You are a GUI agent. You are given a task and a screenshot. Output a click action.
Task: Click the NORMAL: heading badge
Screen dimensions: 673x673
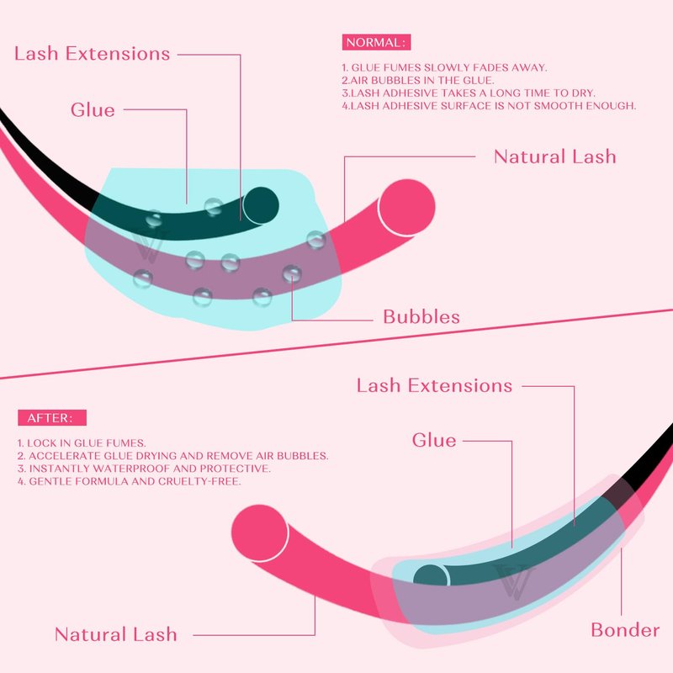tap(377, 42)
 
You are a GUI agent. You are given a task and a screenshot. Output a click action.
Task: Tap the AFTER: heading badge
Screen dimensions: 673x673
tap(51, 417)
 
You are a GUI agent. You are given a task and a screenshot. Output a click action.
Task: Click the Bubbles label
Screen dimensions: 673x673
tap(421, 317)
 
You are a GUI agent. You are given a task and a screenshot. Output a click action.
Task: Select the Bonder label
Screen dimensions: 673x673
tap(625, 630)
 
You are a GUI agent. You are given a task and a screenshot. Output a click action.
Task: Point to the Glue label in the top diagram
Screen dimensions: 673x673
tap(93, 109)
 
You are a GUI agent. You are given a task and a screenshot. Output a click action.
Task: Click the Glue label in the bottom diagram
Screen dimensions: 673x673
tap(434, 440)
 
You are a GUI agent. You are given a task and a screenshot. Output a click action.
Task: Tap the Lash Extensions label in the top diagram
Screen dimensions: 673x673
tap(93, 54)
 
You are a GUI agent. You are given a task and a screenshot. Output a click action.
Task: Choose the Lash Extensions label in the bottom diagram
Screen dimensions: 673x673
tap(434, 385)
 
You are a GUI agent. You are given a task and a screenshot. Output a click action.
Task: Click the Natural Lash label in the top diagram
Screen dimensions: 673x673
tap(554, 156)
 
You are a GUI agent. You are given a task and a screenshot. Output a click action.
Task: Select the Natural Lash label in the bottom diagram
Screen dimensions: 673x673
tap(116, 634)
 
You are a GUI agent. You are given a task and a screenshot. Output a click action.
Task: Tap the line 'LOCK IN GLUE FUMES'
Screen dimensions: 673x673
tap(82, 442)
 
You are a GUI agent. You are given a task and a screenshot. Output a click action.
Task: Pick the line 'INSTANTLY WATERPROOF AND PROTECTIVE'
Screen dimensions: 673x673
tap(144, 469)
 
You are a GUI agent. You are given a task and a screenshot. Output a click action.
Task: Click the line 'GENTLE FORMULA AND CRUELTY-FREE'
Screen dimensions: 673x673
tap(131, 481)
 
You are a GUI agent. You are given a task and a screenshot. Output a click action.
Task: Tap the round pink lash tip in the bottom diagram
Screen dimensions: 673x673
tap(260, 530)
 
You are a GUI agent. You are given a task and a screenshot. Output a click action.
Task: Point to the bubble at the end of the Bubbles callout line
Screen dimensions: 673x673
tap(292, 273)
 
